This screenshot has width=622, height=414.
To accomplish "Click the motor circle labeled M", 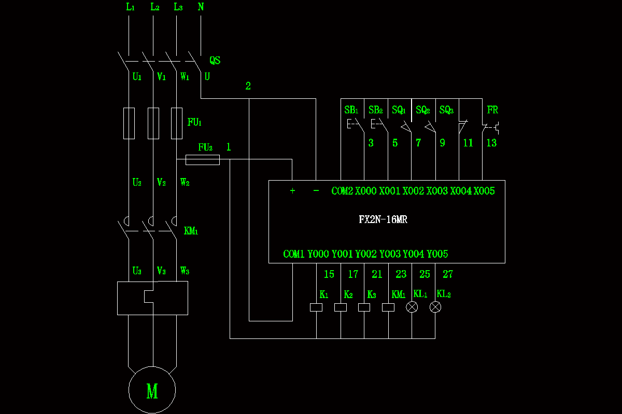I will coord(152,390).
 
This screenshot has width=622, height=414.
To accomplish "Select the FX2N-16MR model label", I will coord(383,219).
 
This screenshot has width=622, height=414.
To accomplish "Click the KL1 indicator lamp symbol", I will coord(412,307).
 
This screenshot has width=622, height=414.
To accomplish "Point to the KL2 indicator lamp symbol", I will coord(436,307).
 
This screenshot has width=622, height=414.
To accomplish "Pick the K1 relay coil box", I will coord(316,307).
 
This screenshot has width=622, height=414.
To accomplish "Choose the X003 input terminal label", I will coord(437,191).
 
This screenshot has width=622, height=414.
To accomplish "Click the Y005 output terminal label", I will coord(437,254).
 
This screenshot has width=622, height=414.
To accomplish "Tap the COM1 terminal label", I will coord(294,254).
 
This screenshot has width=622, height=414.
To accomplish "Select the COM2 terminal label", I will coord(342,191).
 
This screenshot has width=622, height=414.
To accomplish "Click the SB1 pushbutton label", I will coord(351,110).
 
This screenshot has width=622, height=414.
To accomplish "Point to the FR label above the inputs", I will coord(492,110).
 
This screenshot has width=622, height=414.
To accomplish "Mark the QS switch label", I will coord(215,61).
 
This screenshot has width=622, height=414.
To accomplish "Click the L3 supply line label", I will coord(178,7).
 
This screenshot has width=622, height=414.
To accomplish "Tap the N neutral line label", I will coord(201,7).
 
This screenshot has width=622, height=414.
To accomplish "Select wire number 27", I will coord(448,274).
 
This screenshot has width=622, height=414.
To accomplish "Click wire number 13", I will coord(491,143).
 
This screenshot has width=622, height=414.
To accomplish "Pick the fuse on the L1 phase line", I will coord(129,124).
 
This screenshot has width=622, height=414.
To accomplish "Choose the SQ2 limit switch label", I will coord(423,110).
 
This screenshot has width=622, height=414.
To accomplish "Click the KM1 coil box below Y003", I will coord(388,307).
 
